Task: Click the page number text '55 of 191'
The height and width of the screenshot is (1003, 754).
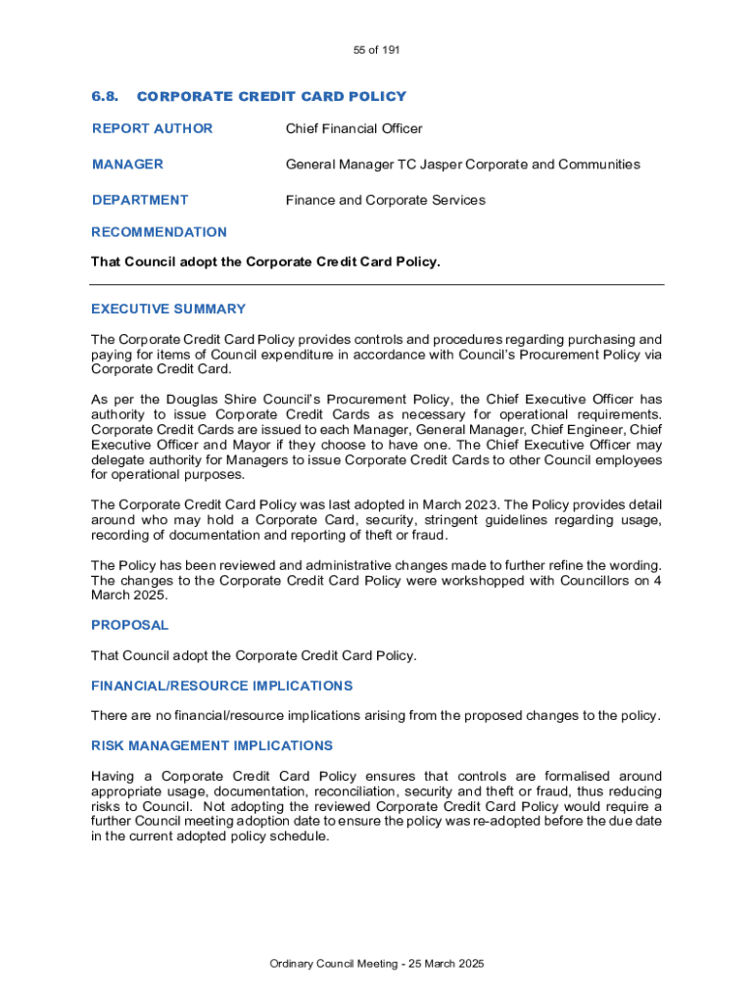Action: (x=377, y=50)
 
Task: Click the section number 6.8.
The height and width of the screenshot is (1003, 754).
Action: (x=105, y=96)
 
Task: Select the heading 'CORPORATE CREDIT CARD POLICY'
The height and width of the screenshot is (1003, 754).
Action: (x=271, y=96)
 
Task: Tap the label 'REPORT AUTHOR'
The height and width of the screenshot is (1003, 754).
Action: (x=152, y=128)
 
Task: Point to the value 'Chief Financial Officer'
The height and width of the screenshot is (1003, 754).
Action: (x=353, y=128)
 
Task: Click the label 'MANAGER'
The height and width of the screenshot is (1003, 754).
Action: (x=127, y=164)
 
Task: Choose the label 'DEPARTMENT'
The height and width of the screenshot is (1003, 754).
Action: (x=140, y=200)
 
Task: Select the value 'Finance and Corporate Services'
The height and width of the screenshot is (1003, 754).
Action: (x=385, y=200)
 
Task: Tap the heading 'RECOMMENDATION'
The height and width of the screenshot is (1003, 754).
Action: (x=159, y=232)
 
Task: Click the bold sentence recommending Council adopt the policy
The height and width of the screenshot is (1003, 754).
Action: (x=265, y=262)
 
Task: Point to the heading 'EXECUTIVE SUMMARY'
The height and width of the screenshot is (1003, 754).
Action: (x=168, y=309)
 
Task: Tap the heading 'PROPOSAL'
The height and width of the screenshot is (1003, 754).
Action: (x=130, y=625)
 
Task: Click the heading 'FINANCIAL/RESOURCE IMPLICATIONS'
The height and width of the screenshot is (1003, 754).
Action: (x=222, y=686)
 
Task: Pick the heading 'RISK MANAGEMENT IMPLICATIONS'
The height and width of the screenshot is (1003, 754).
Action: (x=212, y=745)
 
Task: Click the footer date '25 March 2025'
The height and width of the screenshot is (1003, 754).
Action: (x=441, y=964)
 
